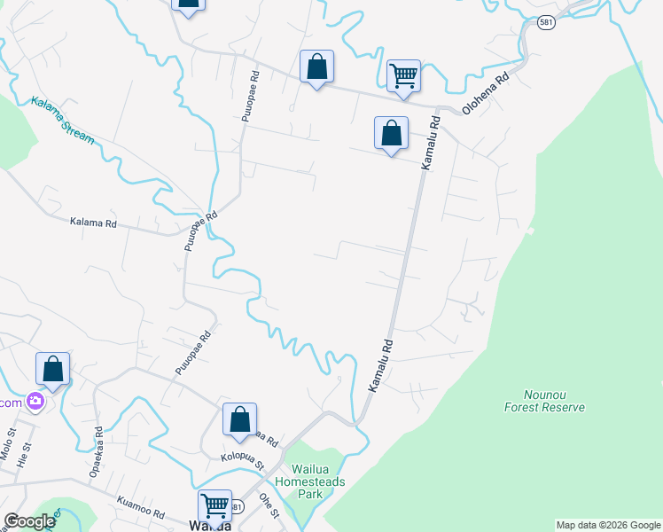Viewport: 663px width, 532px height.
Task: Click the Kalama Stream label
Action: coord(62,121)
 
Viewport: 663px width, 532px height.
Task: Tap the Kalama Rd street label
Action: coord(93,223)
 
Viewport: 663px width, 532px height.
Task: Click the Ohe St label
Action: coord(269,505)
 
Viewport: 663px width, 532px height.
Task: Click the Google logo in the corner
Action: coord(29,521)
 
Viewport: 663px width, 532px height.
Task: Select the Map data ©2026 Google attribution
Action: coord(608,525)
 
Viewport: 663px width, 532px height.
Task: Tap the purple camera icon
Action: coord(35,402)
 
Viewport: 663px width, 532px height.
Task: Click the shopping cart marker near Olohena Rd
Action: coord(403,75)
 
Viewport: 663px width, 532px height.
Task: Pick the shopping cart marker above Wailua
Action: coord(214,505)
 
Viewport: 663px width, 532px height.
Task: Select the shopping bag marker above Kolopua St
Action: coord(239,419)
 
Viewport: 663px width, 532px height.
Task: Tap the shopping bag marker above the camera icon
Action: coord(52,369)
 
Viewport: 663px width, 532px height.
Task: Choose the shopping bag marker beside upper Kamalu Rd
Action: coord(391,133)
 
